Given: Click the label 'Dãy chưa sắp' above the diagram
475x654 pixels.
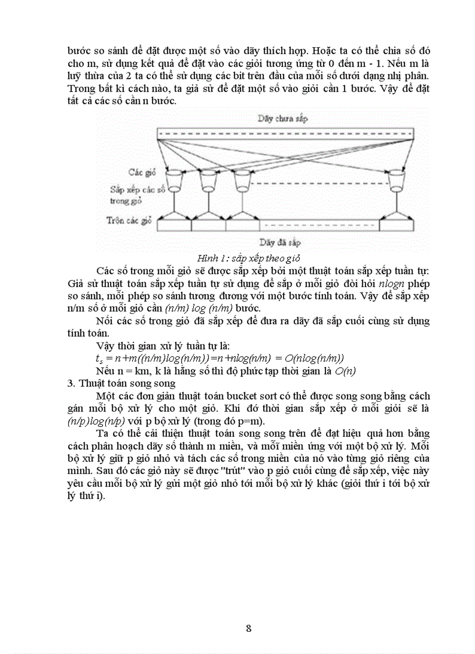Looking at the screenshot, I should coord(282,119).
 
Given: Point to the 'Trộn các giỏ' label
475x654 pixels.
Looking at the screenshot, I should coord(129,221).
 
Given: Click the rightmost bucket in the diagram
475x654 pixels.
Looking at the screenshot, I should coord(397,180).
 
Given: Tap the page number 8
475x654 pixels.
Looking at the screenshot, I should coord(249,628).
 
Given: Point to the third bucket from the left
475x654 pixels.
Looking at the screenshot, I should coord(242,180).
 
